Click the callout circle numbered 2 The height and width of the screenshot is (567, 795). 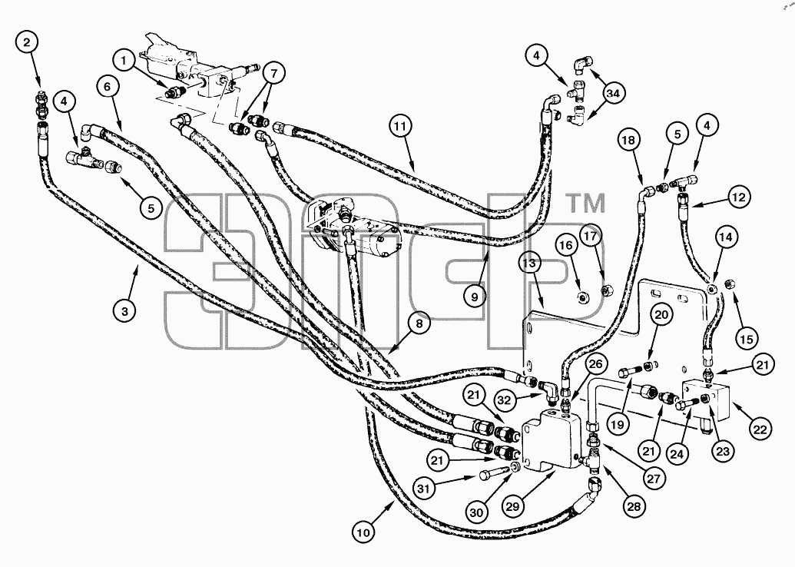click(28, 42)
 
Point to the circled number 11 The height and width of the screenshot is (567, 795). click(401, 127)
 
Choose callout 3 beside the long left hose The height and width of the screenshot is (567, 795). click(124, 310)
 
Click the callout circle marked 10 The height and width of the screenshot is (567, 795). click(364, 532)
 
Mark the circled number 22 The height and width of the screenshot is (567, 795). click(760, 429)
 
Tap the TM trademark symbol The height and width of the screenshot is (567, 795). click(585, 204)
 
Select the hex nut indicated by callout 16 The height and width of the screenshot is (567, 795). click(582, 298)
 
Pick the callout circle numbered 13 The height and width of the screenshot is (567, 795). click(530, 264)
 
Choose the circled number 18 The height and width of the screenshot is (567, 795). click(628, 141)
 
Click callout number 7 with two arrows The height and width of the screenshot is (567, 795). click(273, 74)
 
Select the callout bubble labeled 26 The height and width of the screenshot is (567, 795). click(597, 363)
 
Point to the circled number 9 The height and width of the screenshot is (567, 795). click(475, 297)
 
